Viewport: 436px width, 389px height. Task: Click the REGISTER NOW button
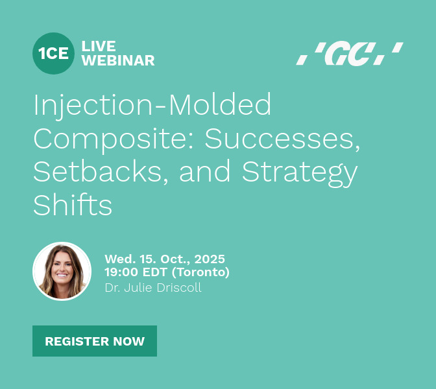tap(95, 341)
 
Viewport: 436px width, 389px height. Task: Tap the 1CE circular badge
tap(53, 53)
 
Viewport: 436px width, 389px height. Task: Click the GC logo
tap(350, 54)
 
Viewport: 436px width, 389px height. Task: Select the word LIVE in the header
tap(99, 46)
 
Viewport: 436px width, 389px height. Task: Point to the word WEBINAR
tap(118, 60)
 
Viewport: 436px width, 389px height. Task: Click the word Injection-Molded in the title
tap(152, 105)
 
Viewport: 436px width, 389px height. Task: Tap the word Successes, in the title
tap(282, 139)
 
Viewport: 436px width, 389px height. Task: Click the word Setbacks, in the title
tap(101, 171)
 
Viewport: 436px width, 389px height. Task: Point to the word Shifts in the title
tap(73, 204)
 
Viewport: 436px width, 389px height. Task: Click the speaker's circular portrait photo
tap(62, 271)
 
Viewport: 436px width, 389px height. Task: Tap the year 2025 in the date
tap(210, 259)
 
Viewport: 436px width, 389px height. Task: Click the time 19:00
tap(121, 272)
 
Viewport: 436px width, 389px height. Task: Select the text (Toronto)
tap(200, 272)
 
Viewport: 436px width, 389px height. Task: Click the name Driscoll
tap(179, 288)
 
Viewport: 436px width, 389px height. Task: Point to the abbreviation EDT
tap(155, 272)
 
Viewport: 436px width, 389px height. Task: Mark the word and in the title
tap(205, 171)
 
